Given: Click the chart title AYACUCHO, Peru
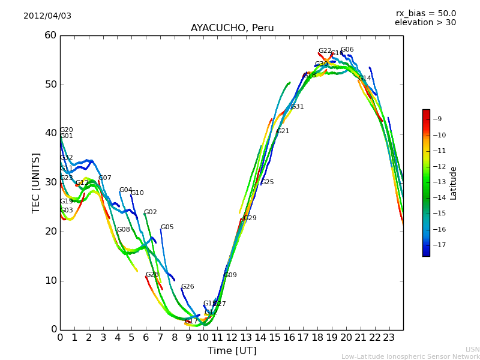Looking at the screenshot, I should (x=232, y=28).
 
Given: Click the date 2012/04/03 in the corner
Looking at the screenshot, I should (x=47, y=16).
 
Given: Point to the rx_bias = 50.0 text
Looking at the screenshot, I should (x=425, y=13).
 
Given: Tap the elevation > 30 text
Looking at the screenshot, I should (x=425, y=23).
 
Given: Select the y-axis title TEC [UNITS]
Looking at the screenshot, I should (x=36, y=182).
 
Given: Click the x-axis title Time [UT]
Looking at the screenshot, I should (x=232, y=350).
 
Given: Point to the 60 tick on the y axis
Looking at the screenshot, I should (x=50, y=35).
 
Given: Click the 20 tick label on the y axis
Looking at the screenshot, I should (x=50, y=231).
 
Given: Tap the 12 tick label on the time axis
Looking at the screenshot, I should (x=232, y=337).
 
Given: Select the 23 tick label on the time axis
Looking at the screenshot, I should (x=389, y=337).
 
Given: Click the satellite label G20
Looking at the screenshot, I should (x=67, y=130).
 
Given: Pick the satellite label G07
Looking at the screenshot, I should (x=105, y=178).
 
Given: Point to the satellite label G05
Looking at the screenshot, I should (x=167, y=227).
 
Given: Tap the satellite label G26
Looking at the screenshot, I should (x=188, y=287).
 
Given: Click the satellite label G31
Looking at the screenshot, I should (x=298, y=107).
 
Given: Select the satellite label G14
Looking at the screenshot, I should (x=365, y=79).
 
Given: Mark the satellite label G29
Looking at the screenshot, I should (x=250, y=218).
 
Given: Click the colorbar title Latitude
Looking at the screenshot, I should (x=454, y=183).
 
